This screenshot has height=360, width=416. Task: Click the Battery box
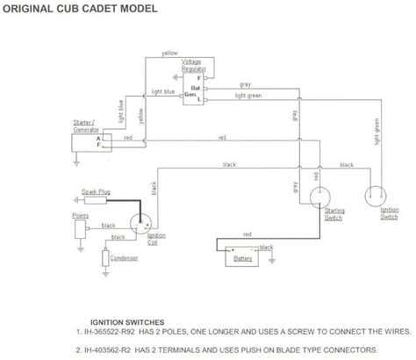(x=239, y=258)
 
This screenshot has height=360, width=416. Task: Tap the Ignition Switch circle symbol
(x=378, y=195)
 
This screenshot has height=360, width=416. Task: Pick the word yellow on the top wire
(x=169, y=54)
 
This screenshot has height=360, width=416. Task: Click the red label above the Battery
(x=247, y=235)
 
